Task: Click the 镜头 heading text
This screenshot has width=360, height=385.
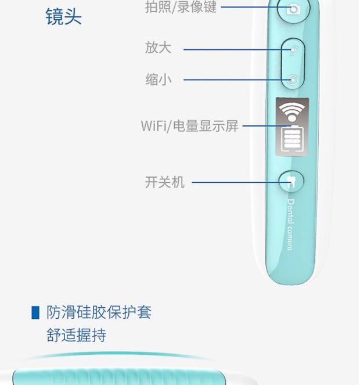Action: [x=63, y=16]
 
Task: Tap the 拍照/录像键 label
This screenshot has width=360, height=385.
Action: [x=181, y=8]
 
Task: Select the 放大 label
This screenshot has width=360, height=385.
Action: [x=158, y=48]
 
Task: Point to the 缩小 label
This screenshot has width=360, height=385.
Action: [x=158, y=79]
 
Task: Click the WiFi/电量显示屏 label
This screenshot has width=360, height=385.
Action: [x=189, y=126]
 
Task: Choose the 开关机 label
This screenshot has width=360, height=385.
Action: [x=164, y=182]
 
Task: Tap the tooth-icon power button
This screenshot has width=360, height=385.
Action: [x=291, y=182]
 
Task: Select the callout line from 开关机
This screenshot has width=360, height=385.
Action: [x=238, y=182]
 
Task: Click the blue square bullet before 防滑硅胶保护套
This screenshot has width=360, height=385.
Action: [x=35, y=313]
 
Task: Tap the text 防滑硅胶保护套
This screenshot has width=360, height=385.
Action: [x=99, y=312]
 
